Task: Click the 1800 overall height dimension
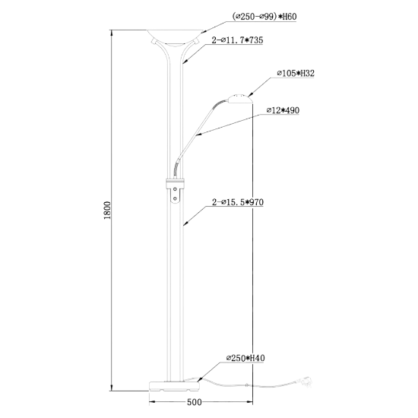click(107, 211)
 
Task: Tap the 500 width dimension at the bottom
click(195, 402)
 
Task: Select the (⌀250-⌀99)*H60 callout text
click(264, 17)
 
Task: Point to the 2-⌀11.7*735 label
click(237, 40)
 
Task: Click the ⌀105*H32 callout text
click(296, 73)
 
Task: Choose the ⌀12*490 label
click(283, 110)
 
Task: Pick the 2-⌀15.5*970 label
click(238, 202)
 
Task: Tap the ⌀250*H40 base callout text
click(245, 358)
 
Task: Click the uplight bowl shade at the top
click(175, 37)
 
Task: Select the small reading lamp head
click(239, 99)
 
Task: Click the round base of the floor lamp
click(174, 386)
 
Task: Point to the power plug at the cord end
click(306, 381)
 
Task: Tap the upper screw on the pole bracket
click(175, 189)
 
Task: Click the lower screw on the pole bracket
click(175, 198)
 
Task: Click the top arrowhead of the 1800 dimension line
click(112, 33)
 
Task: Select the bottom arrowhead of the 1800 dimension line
click(112, 388)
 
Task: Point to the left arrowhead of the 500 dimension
click(153, 402)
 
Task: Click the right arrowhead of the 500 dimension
click(249, 402)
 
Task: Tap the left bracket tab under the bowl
click(154, 41)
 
